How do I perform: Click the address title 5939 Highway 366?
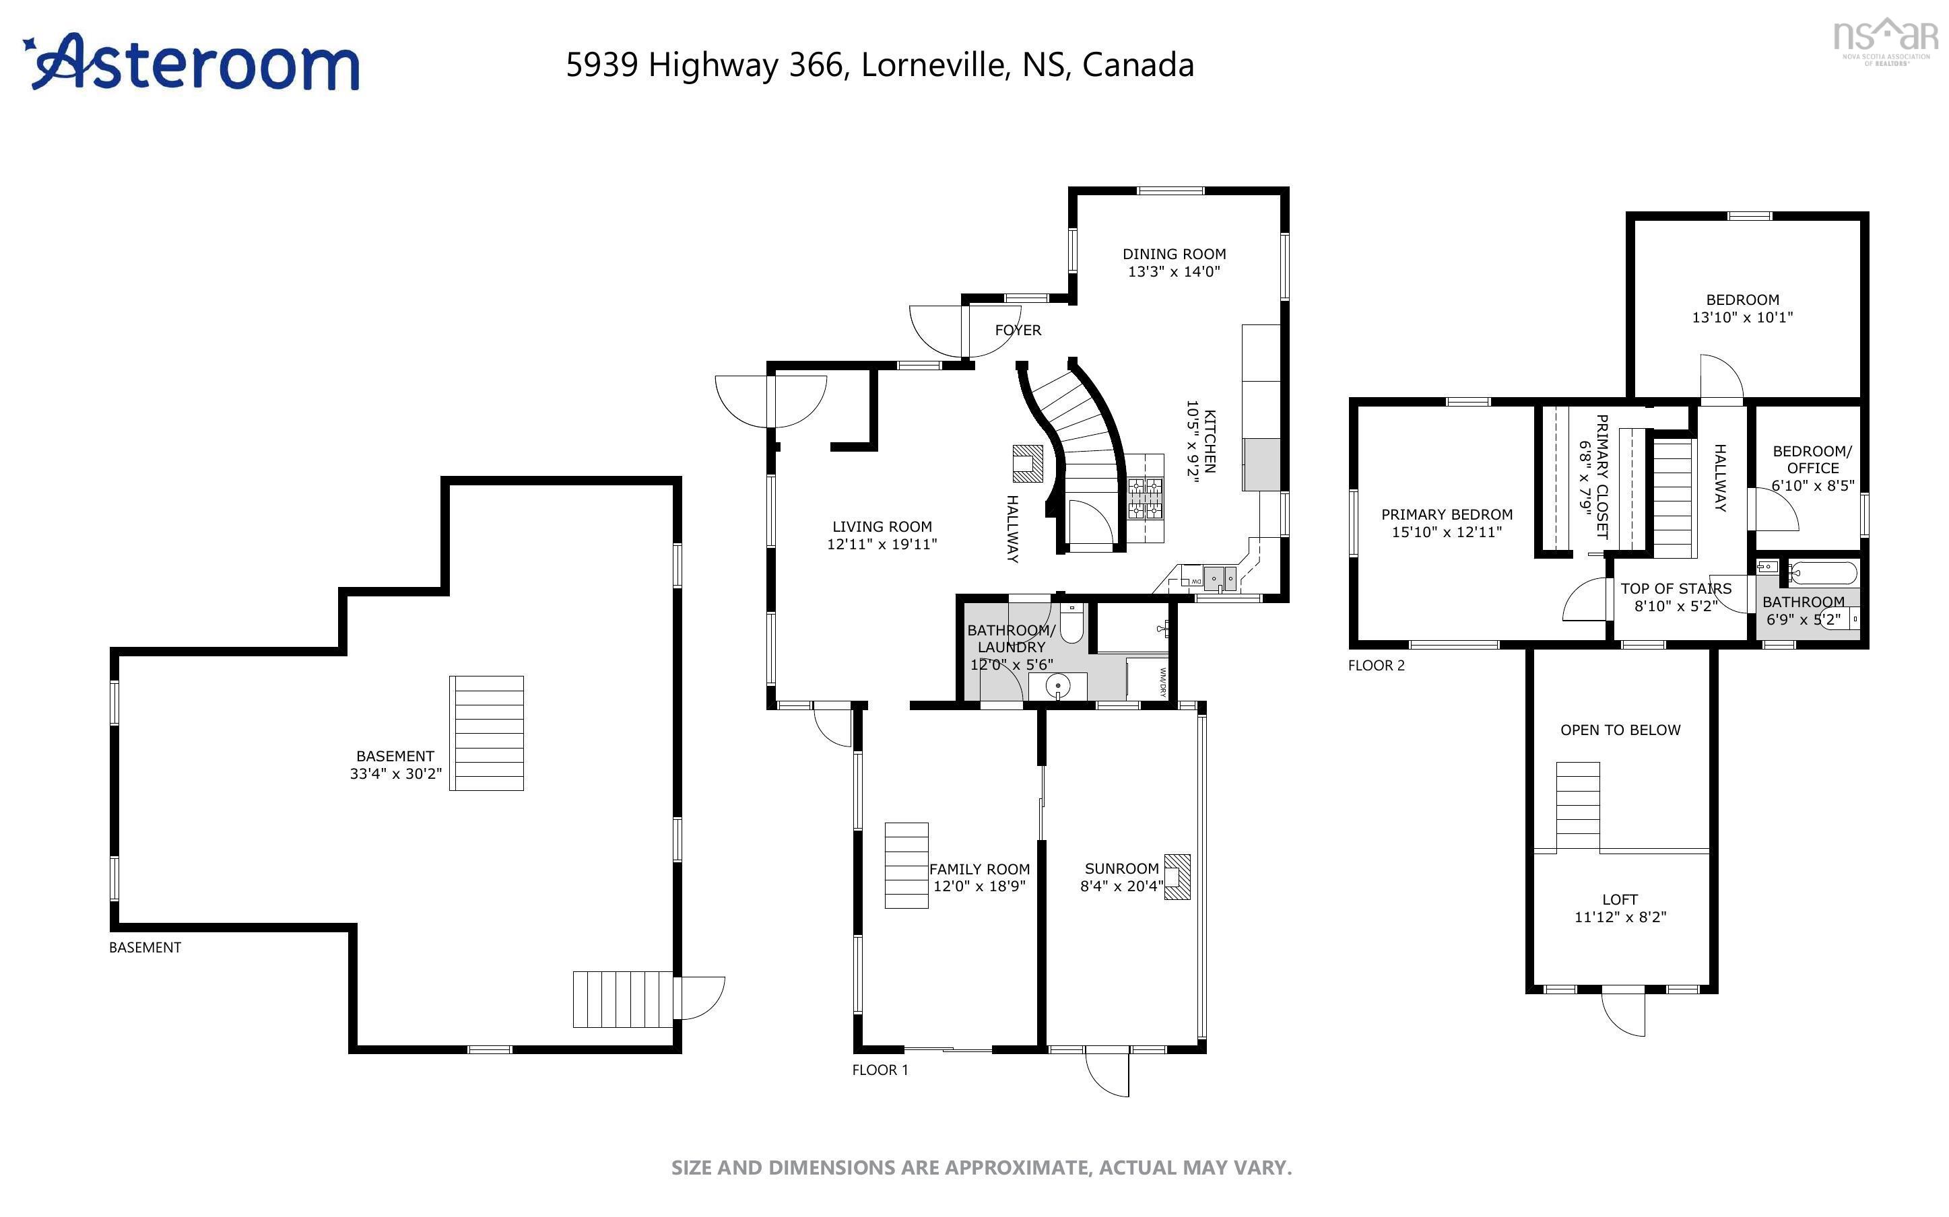click(x=879, y=65)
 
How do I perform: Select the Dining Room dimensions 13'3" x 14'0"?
click(x=1174, y=272)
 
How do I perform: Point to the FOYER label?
click(x=1018, y=330)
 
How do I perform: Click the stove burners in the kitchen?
click(x=1145, y=497)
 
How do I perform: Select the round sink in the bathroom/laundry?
click(x=1058, y=686)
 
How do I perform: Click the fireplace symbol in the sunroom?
click(x=1177, y=876)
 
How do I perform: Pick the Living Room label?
click(x=882, y=526)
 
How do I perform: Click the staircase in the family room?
click(x=906, y=865)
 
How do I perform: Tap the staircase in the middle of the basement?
click(x=486, y=732)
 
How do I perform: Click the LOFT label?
click(x=1619, y=899)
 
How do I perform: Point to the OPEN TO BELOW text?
click(x=1620, y=730)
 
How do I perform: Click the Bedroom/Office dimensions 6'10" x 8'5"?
click(x=1812, y=485)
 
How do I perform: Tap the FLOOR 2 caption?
click(x=1376, y=666)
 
